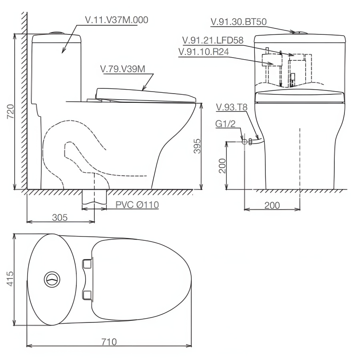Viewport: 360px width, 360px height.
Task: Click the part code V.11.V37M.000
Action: pyautogui.click(x=116, y=20)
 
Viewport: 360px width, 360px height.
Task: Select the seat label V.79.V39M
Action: pyautogui.click(x=123, y=69)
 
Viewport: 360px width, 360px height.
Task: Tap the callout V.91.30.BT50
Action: pyautogui.click(x=238, y=22)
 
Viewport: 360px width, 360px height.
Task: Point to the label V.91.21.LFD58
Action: pyautogui.click(x=213, y=40)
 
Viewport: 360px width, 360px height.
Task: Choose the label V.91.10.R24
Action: pyautogui.click(x=204, y=52)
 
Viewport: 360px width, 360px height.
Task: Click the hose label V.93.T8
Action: pyautogui.click(x=232, y=107)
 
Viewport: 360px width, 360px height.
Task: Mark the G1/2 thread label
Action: pyautogui.click(x=225, y=124)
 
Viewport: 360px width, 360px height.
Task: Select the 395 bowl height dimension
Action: pyautogui.click(x=197, y=146)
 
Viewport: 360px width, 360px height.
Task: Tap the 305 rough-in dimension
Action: pyautogui.click(x=60, y=217)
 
